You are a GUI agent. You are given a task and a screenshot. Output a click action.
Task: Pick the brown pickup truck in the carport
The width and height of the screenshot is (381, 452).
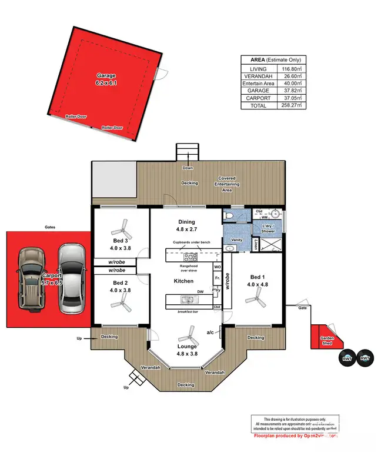31,279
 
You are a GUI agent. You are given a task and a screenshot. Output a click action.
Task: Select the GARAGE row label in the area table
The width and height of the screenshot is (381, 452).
258,91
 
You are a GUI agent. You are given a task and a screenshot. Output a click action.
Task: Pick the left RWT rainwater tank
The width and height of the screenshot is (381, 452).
346,358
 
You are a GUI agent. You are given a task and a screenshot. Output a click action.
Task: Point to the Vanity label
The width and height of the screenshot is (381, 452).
237,240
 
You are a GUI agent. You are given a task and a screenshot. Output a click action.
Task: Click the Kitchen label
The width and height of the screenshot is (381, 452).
183,281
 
